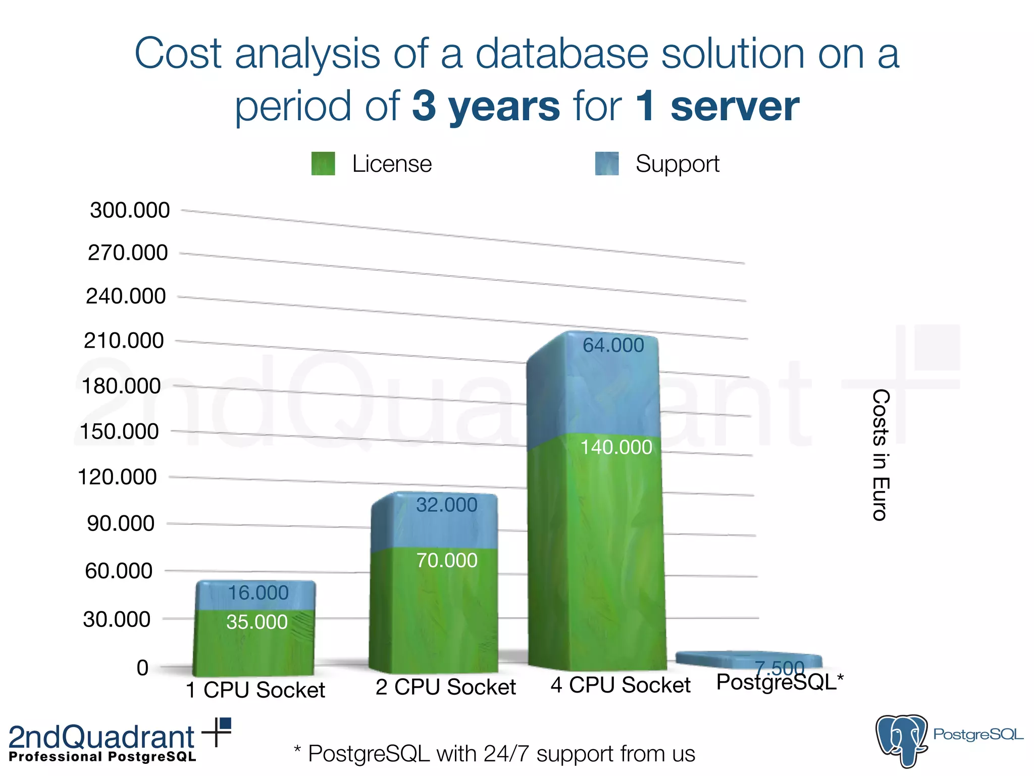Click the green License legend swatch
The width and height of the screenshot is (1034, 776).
click(x=323, y=164)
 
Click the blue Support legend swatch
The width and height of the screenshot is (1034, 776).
click(x=607, y=164)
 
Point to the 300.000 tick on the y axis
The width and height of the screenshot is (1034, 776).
click(x=130, y=210)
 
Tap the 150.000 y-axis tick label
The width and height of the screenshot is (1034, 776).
click(x=119, y=432)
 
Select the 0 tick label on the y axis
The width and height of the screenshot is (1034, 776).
click(x=143, y=668)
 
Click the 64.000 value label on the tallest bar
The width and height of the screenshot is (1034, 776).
click(x=613, y=346)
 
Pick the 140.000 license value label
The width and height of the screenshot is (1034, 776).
click(x=616, y=448)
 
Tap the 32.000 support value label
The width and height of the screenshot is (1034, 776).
click(x=447, y=505)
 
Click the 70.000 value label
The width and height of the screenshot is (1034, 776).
click(x=447, y=561)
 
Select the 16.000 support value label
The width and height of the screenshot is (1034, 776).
click(x=258, y=593)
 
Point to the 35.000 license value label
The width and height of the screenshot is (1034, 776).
click(x=257, y=622)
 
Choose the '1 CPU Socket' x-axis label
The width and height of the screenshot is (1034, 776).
click(x=255, y=690)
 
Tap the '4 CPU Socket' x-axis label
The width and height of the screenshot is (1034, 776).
click(x=621, y=686)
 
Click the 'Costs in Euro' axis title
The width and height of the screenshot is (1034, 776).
click(x=881, y=455)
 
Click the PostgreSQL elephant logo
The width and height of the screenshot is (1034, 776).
click(x=902, y=740)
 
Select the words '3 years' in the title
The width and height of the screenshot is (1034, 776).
click(x=486, y=106)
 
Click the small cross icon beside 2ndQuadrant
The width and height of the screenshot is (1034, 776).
click(x=217, y=731)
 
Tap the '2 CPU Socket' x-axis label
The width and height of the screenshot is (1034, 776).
click(x=446, y=687)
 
